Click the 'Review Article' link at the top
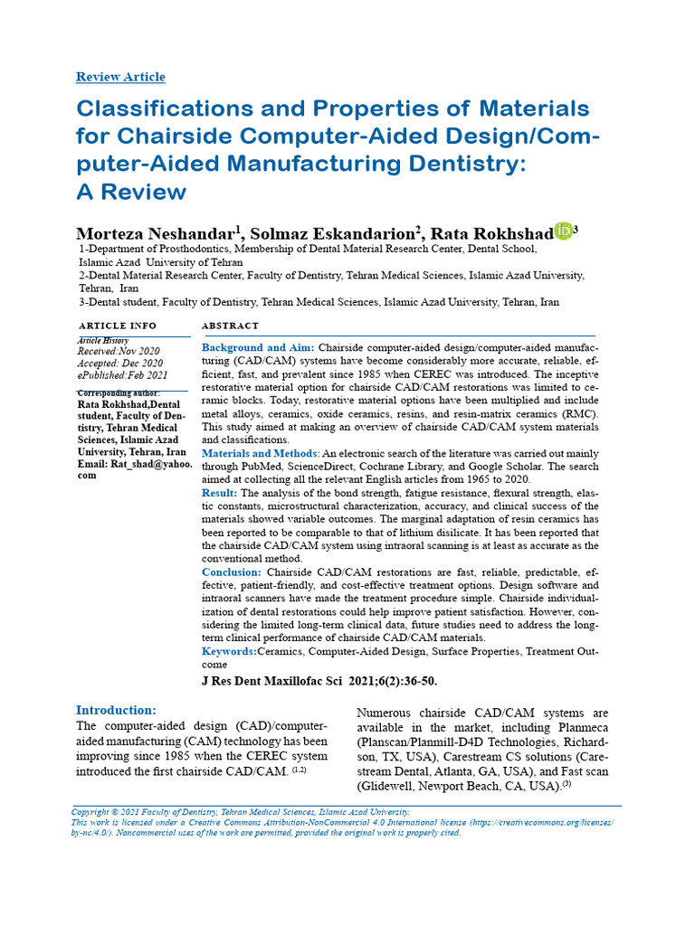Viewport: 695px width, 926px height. [120, 77]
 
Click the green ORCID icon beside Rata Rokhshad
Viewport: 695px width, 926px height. [563, 231]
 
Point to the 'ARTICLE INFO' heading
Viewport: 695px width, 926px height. [118, 326]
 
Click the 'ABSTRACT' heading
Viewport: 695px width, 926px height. [230, 326]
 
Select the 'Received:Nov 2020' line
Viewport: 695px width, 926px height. [119, 351]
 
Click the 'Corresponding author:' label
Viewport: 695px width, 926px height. [118, 393]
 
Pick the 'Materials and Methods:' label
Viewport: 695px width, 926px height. [261, 452]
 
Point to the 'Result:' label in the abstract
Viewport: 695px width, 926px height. [220, 493]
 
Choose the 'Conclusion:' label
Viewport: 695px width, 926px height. [232, 572]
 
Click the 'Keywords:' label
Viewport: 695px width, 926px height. [229, 651]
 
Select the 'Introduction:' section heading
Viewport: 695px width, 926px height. [116, 711]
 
